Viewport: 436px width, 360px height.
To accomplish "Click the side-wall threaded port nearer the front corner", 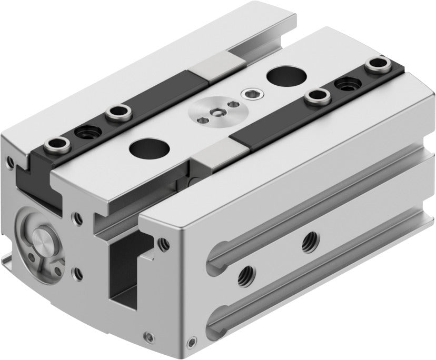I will click(245, 274).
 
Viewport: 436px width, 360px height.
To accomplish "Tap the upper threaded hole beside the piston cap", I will click(78, 215).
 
